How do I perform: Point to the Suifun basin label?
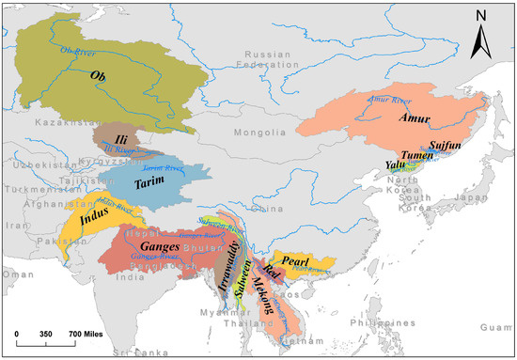[439, 147]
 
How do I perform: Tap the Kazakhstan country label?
[59, 123]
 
